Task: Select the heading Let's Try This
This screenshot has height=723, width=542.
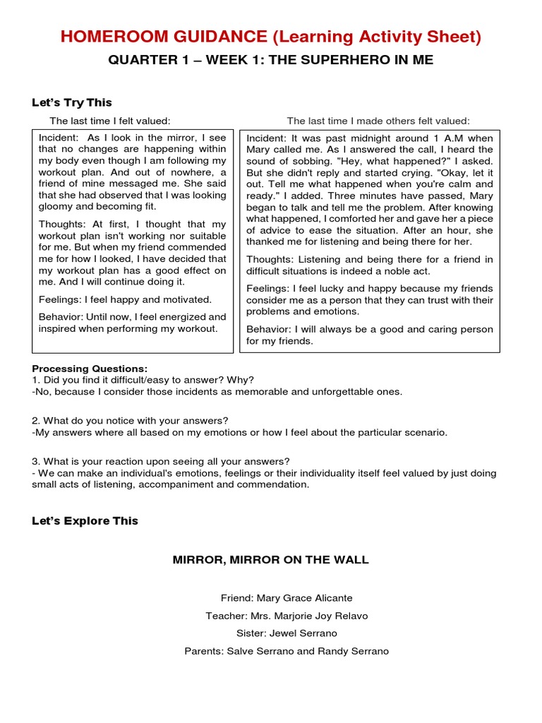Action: (72, 102)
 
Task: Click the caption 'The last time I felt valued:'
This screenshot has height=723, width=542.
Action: (110, 121)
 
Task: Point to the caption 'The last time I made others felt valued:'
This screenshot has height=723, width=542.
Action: (378, 121)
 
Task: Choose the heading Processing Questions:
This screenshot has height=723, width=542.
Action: (90, 369)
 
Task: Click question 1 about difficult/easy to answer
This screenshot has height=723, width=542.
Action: (143, 380)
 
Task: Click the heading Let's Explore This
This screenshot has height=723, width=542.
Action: (85, 521)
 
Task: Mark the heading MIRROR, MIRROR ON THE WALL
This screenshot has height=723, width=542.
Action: (271, 560)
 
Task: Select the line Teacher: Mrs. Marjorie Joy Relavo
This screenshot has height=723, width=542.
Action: (287, 616)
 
